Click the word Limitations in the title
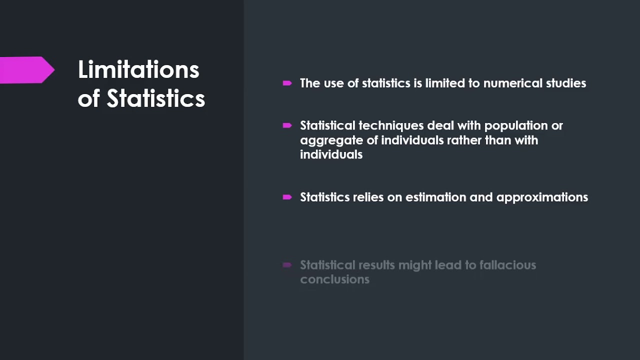pos(138,69)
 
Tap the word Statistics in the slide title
pos(156,98)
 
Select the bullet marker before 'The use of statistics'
pos(287,83)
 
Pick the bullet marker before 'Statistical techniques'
pos(287,125)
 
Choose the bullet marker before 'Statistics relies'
pos(287,197)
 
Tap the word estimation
pos(435,197)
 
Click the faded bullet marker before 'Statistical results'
pos(287,265)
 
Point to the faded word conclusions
pos(334,279)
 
